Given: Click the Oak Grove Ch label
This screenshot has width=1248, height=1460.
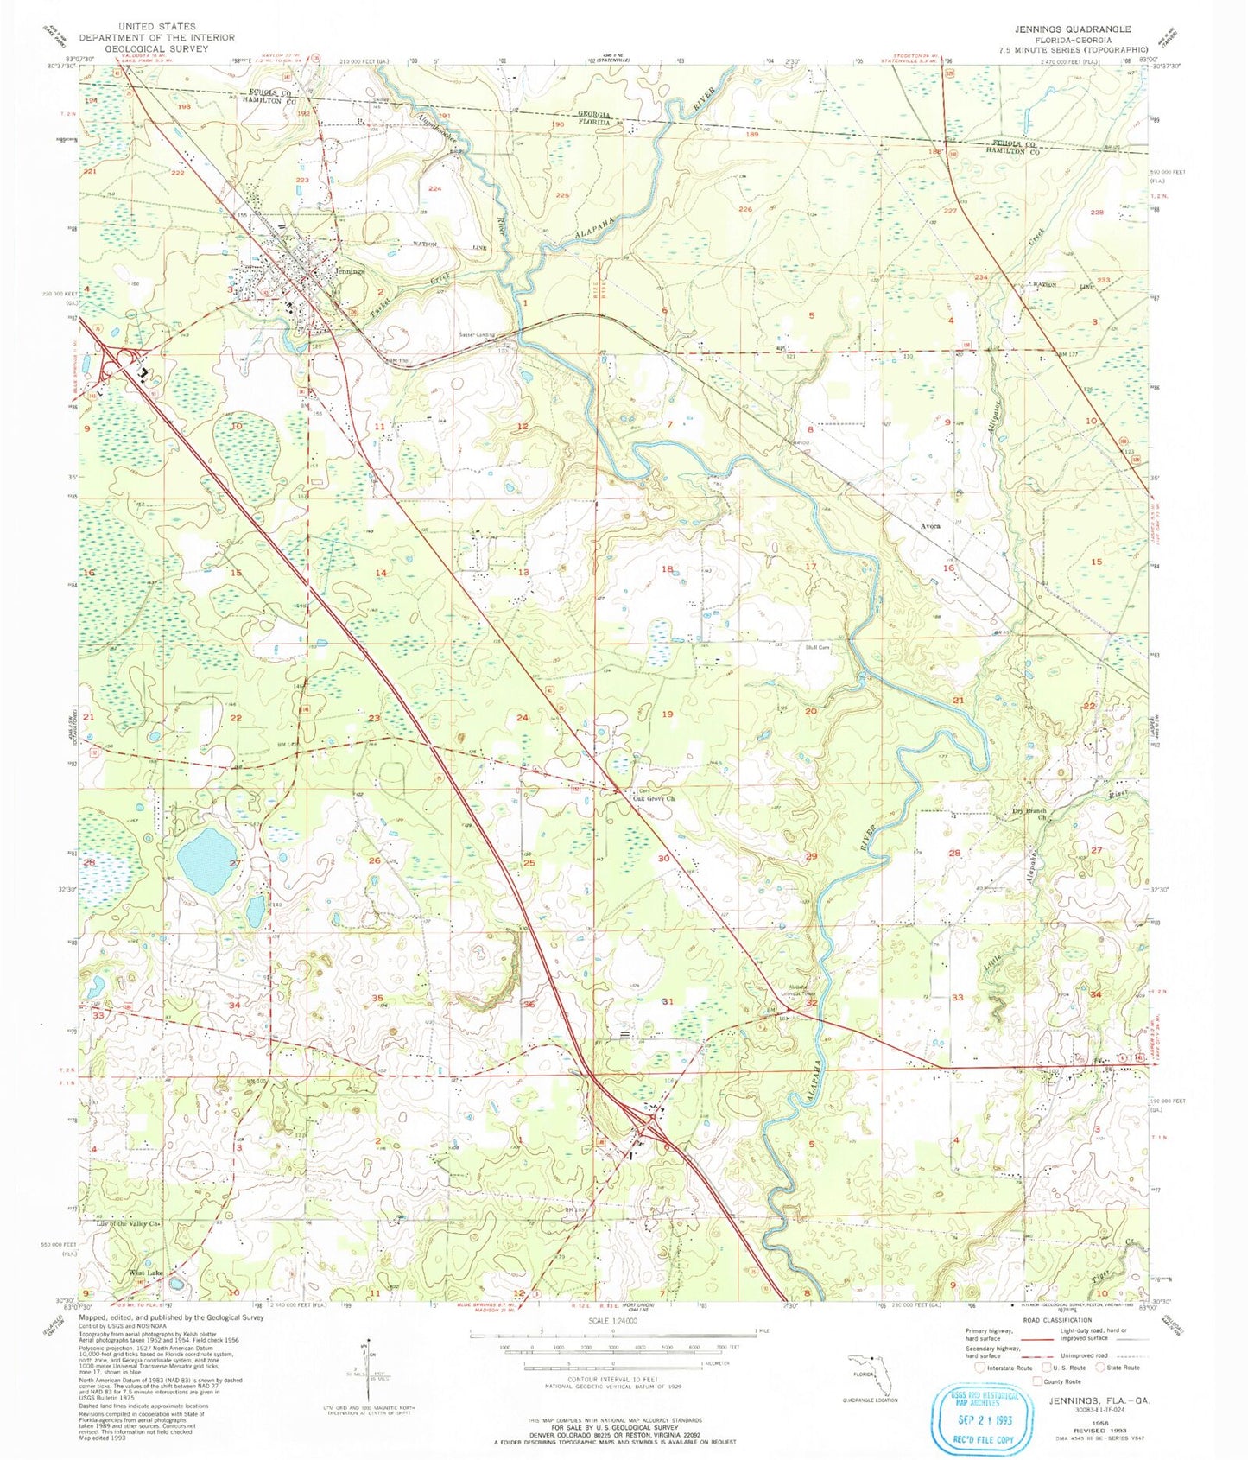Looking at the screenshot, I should point(654,798).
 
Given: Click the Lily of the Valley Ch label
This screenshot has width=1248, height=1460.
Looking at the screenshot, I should point(131,1223).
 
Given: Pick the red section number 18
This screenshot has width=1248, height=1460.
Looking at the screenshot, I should point(667,569).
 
